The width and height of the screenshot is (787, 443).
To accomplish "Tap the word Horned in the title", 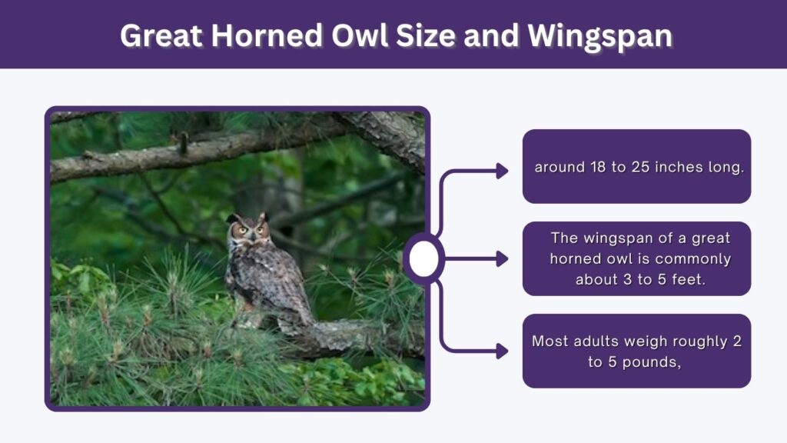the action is [x=267, y=35].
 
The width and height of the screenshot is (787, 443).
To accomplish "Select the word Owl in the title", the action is [x=360, y=35].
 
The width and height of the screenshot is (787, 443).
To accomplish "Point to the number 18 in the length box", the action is [x=598, y=167].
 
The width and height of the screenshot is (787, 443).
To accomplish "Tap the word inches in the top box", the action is [x=679, y=167].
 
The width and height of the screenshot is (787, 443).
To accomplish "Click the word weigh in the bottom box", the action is [x=645, y=341].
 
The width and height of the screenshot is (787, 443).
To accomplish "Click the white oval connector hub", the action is [x=424, y=258].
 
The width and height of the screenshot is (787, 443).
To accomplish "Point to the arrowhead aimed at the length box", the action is [x=503, y=171].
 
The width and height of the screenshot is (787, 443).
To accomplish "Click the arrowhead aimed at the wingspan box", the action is [x=503, y=259].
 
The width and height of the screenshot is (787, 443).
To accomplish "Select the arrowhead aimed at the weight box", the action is [x=503, y=351].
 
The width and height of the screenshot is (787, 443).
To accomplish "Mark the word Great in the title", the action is [x=161, y=35].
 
